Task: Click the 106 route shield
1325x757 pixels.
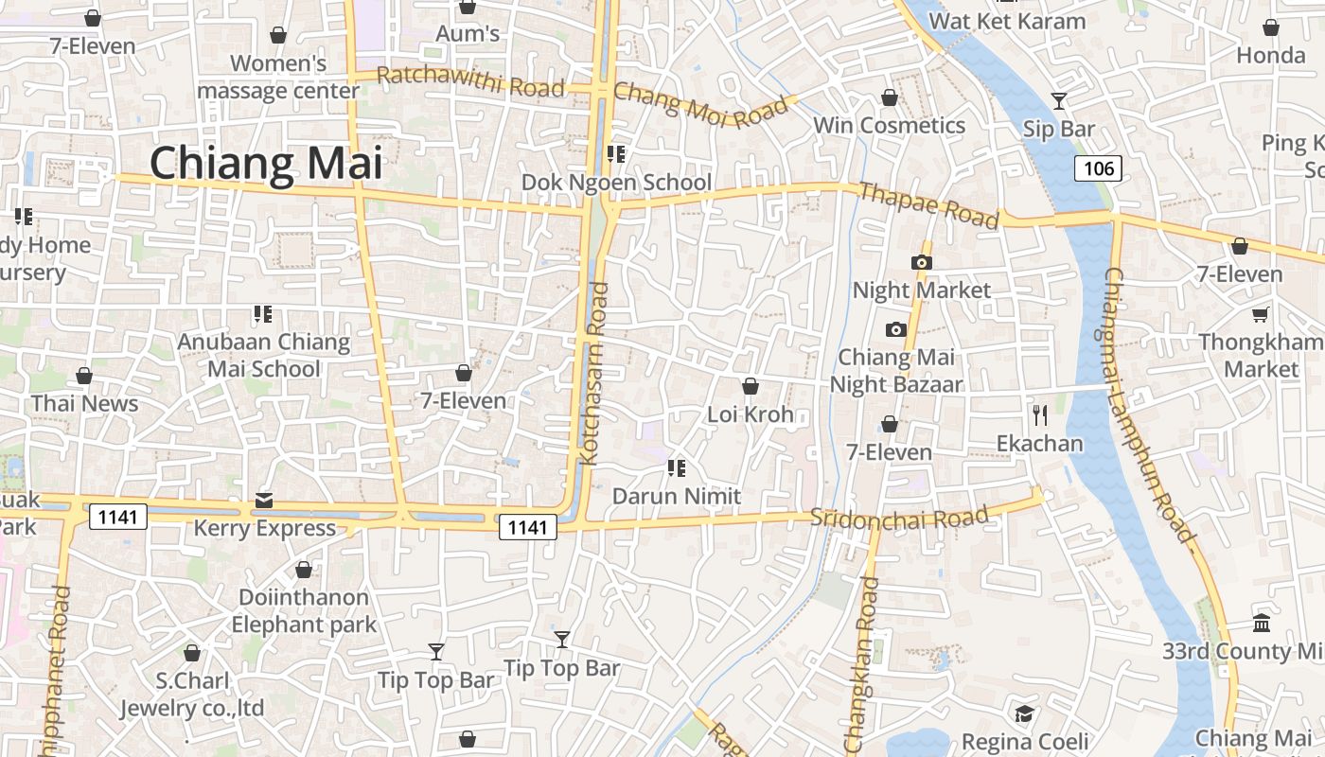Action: (x=1098, y=168)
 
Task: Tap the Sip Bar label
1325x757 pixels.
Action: (x=1059, y=130)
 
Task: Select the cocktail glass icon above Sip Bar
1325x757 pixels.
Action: (x=1059, y=100)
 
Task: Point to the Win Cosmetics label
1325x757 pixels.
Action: (x=890, y=125)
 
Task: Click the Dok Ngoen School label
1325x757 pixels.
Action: (x=617, y=182)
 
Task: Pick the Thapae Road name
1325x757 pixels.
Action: (x=928, y=205)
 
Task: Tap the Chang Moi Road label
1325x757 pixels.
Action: (x=700, y=105)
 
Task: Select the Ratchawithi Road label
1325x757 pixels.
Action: (x=470, y=81)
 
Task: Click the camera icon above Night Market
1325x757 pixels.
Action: (x=921, y=262)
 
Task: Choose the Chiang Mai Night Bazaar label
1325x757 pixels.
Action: (x=896, y=370)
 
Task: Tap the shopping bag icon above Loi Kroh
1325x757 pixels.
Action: (x=751, y=386)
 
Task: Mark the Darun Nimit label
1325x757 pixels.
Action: (x=677, y=496)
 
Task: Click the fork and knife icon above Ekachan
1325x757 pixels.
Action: (x=1039, y=414)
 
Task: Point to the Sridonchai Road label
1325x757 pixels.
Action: (x=899, y=518)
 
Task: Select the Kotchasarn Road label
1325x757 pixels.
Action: (x=594, y=374)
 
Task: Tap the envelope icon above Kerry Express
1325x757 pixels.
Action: (x=264, y=500)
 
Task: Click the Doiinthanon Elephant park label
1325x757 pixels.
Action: (x=304, y=610)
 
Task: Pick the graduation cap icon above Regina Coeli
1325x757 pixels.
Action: (x=1024, y=713)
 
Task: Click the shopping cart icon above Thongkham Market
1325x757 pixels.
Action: (x=1260, y=314)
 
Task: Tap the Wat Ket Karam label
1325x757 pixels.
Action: (x=1007, y=21)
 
